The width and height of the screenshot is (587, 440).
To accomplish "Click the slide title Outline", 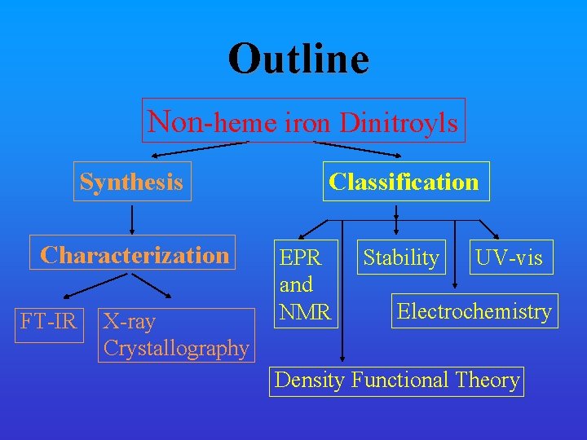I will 298,59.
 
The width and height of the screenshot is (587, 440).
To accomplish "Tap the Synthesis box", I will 131,181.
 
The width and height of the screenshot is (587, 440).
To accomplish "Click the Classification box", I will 404,181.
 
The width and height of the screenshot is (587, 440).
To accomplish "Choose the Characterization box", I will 135,254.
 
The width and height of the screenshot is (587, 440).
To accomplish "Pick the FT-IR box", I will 49,321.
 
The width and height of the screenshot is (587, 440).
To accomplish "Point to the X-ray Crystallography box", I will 175,335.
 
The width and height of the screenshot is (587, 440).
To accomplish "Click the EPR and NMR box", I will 305,284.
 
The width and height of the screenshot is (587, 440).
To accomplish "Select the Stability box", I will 401,257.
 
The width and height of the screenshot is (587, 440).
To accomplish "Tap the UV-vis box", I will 509,257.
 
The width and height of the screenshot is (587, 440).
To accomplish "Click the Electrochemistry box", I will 474,310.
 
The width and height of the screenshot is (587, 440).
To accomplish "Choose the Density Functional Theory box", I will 397,380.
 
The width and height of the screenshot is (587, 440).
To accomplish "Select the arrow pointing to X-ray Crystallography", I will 152,286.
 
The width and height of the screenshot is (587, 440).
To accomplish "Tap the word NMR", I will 305,310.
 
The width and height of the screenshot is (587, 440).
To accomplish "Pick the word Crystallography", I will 175,348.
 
